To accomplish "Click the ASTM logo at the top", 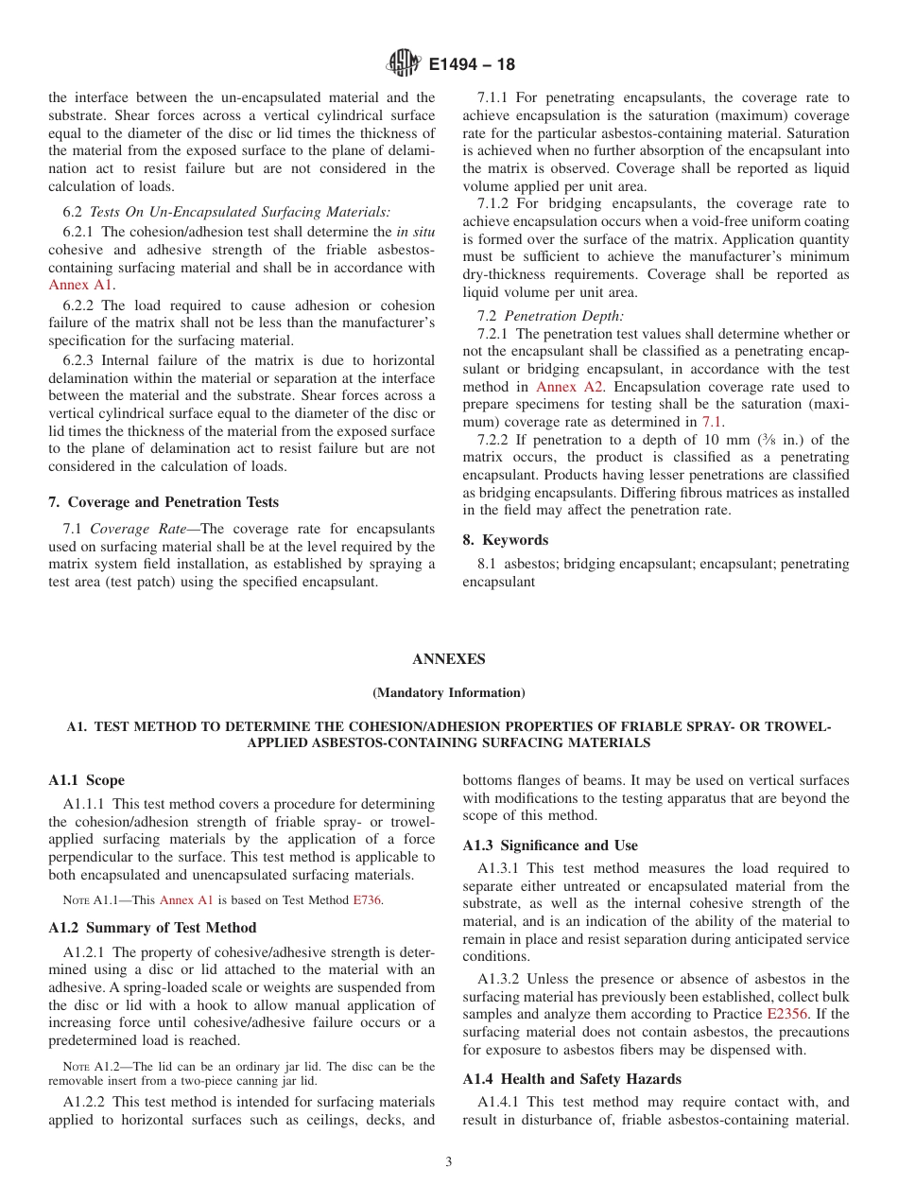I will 404,64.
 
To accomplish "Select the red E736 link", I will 368,900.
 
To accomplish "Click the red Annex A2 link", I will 563,387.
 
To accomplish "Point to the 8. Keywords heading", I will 505,540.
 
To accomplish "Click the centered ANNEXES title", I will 448,659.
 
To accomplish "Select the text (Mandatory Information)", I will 448,692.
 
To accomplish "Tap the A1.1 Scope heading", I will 86,780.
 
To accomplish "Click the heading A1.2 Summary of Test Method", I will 152,928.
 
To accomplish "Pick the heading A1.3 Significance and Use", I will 550,846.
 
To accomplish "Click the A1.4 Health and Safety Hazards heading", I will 572,1079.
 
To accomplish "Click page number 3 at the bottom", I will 448,1162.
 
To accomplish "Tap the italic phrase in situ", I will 415,232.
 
